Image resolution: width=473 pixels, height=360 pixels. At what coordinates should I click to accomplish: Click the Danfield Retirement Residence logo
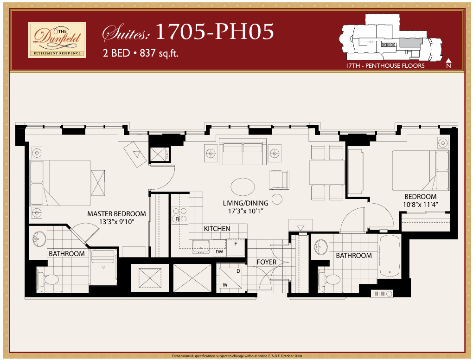(57, 40)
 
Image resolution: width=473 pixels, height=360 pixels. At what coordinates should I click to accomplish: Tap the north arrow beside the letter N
(448, 60)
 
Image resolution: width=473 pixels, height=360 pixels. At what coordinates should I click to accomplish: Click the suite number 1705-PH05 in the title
(214, 32)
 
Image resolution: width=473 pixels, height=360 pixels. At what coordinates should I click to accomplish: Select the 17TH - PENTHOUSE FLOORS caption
(385, 66)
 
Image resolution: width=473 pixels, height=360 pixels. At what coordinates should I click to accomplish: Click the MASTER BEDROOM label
(116, 214)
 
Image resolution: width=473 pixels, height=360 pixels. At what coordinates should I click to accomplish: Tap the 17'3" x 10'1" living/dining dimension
(245, 211)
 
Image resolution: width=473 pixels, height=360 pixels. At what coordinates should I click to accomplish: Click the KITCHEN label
(217, 229)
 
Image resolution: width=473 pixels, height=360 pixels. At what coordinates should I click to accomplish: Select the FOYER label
(267, 262)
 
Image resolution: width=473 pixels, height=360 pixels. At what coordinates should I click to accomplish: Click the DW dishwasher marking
(219, 252)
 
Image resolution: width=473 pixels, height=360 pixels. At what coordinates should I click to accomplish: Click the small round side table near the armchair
(277, 199)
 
